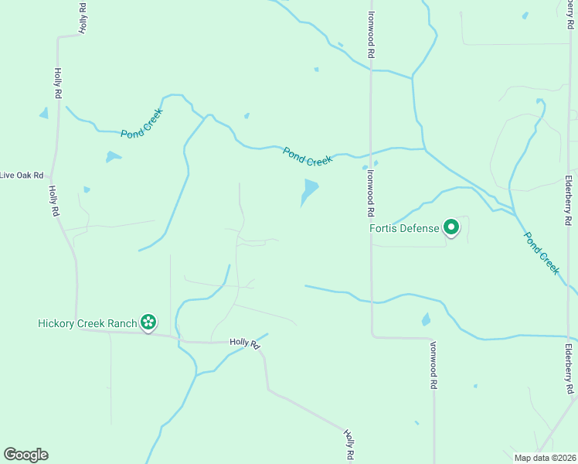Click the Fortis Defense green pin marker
tap(451, 227)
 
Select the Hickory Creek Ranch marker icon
tap(148, 322)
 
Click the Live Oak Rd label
tap(21, 176)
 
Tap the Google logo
tap(25, 455)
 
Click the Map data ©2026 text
tap(546, 458)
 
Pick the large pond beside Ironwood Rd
tap(309, 191)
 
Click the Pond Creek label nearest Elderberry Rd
tap(542, 252)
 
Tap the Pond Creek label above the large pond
tap(307, 155)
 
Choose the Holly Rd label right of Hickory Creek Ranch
tap(244, 343)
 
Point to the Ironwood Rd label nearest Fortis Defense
tap(371, 193)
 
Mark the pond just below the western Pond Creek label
tap(113, 157)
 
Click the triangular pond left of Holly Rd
tap(44, 113)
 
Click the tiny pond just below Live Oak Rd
tap(87, 189)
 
